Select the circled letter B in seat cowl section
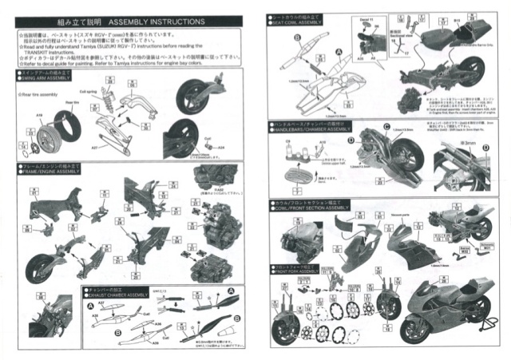click(x=296, y=37)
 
